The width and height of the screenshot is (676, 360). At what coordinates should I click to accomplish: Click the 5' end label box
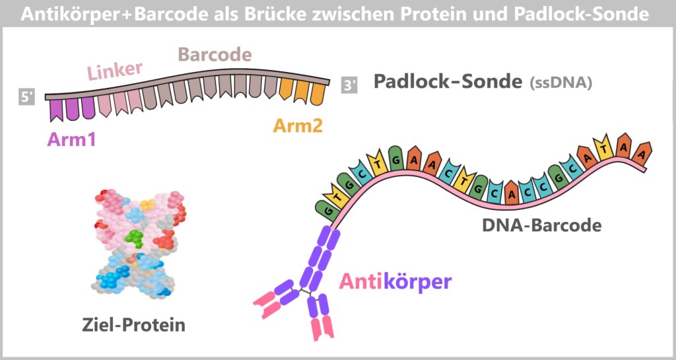click(26, 97)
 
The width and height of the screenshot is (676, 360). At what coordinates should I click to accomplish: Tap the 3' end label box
click(349, 85)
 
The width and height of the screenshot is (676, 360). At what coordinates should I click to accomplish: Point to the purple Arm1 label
click(71, 139)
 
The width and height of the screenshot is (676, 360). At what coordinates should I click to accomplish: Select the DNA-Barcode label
click(542, 225)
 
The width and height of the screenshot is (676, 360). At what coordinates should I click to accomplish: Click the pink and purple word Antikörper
click(395, 282)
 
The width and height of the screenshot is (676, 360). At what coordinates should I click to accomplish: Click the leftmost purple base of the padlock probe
click(55, 110)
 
